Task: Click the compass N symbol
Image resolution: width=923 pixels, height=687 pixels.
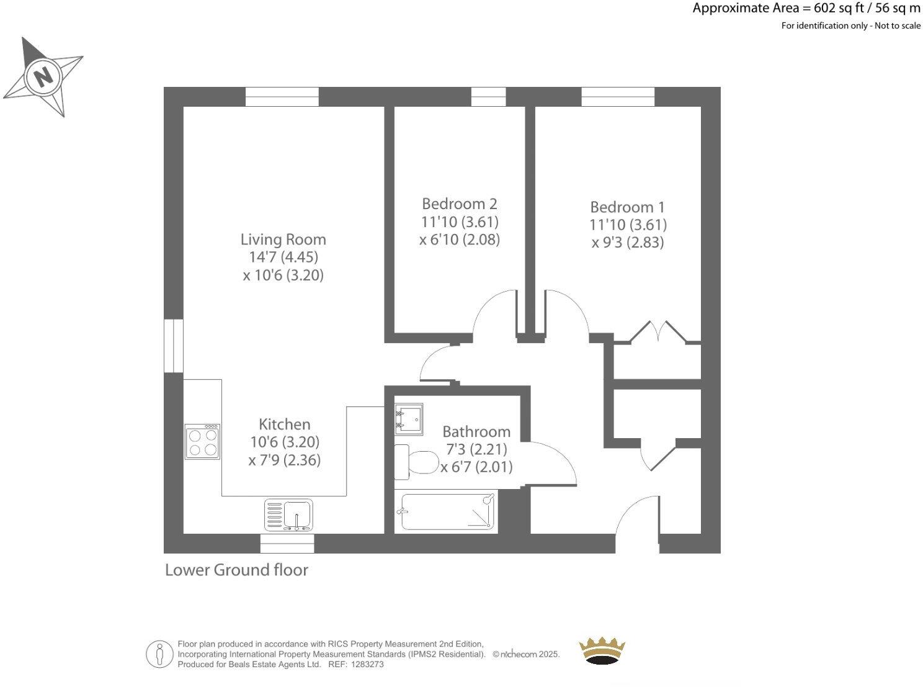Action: coord(43,77)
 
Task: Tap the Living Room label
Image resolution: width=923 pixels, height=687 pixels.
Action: coord(283,239)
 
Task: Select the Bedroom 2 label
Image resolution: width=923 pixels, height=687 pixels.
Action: coord(459,204)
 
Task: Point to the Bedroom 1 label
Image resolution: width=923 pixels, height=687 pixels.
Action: coord(628,207)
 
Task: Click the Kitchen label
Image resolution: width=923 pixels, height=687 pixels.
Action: coord(284,424)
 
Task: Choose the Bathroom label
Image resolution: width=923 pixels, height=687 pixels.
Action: coord(476,432)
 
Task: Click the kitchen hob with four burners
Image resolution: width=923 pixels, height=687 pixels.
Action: coord(203,441)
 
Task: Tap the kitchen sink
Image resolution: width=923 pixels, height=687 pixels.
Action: coord(290,515)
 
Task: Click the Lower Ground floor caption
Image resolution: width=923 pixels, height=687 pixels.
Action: coord(236,570)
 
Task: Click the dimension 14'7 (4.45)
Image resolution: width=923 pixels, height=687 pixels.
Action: coord(283,257)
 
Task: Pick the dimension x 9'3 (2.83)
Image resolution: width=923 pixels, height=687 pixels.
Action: coord(628,243)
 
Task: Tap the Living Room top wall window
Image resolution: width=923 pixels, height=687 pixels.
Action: coord(282,97)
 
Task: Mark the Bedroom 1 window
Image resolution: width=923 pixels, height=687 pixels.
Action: coord(618,97)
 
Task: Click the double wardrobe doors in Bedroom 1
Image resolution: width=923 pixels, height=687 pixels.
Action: coord(658,332)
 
